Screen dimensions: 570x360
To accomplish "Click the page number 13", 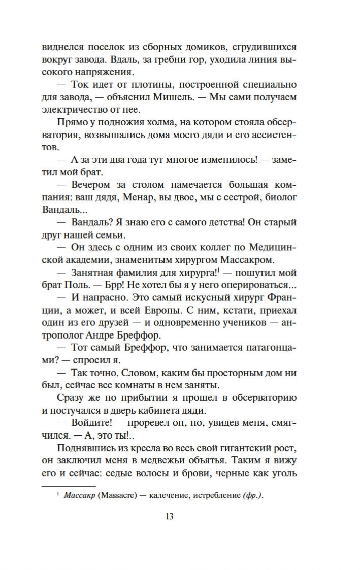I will [170, 517].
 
